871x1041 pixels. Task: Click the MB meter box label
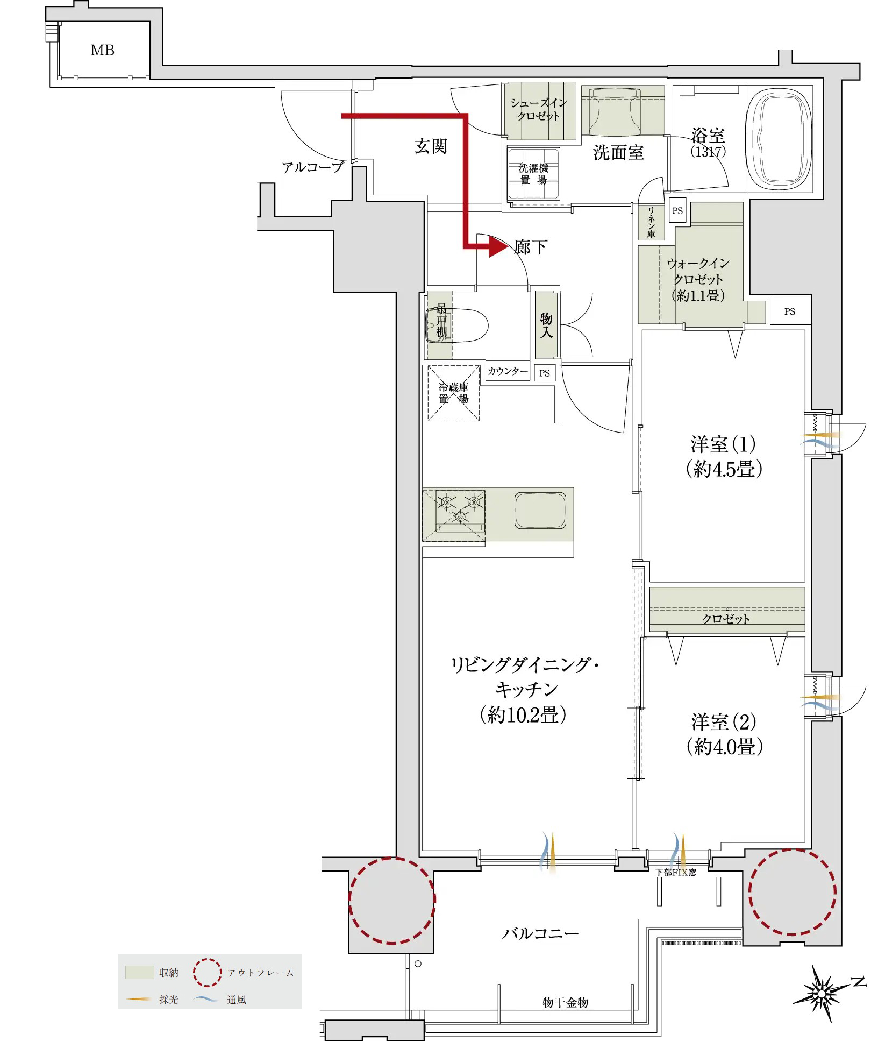click(102, 51)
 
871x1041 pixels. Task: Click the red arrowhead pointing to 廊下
click(497, 247)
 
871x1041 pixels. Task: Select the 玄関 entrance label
click(430, 146)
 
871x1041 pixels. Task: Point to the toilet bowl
click(457, 325)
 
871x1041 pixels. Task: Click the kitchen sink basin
click(540, 510)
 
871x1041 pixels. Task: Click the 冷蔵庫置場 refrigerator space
click(453, 393)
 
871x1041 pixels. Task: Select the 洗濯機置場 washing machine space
click(533, 174)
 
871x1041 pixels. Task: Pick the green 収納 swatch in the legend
click(139, 972)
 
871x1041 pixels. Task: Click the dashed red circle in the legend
click(208, 973)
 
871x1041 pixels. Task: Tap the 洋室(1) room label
click(723, 444)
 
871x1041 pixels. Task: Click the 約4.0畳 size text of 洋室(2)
click(725, 747)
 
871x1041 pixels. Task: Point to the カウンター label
click(508, 371)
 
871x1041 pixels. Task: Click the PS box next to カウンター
click(545, 373)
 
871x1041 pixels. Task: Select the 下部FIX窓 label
click(676, 873)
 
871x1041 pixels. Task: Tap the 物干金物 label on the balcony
click(565, 1002)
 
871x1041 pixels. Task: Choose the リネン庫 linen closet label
click(651, 222)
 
